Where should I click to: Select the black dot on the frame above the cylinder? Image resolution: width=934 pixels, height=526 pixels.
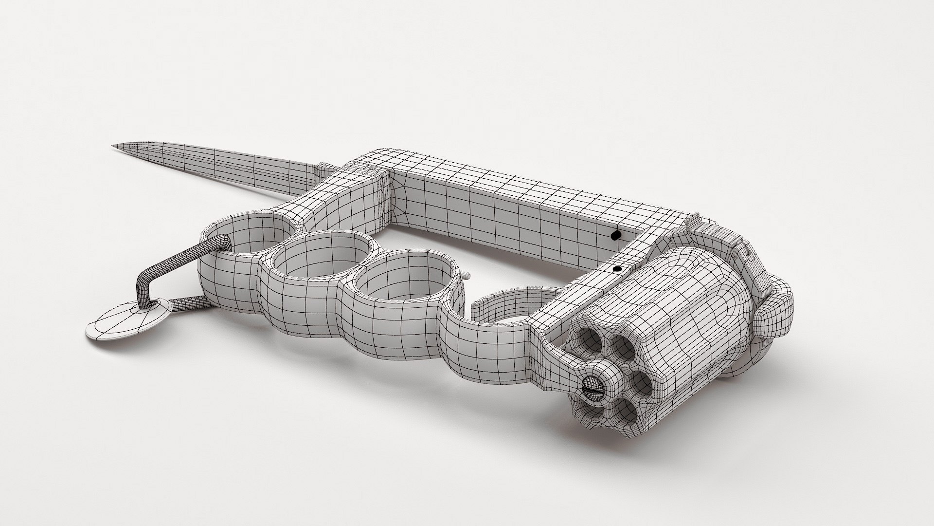[x=617, y=268]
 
